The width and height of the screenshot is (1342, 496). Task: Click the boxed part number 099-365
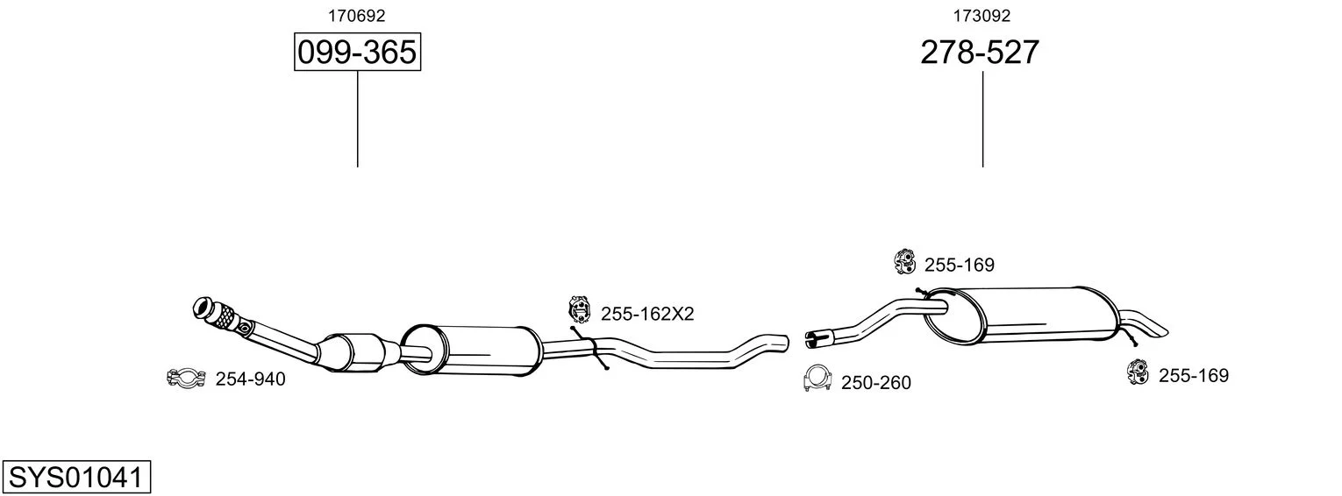point(357,52)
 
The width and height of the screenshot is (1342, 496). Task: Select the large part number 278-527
point(980,53)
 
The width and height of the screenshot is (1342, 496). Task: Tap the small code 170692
point(356,16)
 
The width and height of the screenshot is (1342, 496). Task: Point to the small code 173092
point(982,16)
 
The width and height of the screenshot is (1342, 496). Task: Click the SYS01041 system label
point(76,478)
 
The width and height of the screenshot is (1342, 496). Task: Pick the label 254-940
point(251,379)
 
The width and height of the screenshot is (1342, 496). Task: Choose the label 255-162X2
point(647,314)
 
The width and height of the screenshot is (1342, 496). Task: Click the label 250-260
point(876,383)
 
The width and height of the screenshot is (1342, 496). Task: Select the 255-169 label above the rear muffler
point(960,265)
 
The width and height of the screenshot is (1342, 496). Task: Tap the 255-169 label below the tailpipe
point(1194,376)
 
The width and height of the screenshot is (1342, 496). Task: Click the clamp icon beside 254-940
point(186,378)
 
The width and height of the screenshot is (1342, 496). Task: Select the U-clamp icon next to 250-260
point(817,378)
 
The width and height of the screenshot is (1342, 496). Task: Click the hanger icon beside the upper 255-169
point(904,261)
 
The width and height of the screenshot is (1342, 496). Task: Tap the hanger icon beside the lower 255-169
point(1138,372)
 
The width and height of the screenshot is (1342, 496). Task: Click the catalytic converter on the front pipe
point(353,353)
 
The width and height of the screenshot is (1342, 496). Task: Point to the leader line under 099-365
point(358,119)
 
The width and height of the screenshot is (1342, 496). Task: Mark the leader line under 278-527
point(982,119)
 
